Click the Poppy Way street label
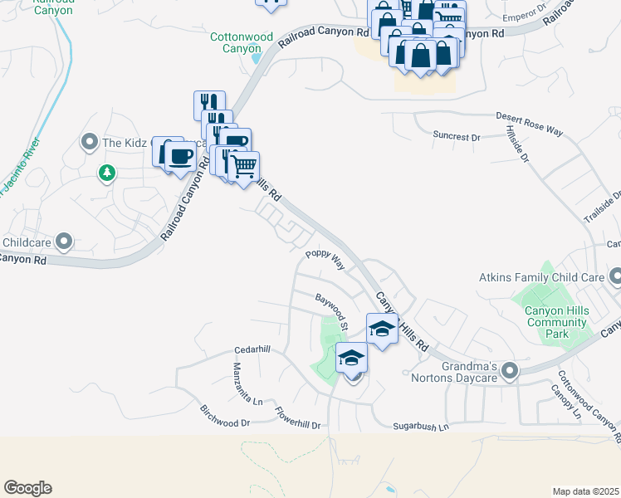[325, 258]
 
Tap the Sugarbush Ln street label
[420, 427]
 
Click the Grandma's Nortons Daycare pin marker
[509, 371]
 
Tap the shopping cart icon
[243, 167]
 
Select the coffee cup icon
[181, 156]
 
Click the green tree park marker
[106, 173]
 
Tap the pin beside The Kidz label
[90, 143]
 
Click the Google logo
[27, 488]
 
